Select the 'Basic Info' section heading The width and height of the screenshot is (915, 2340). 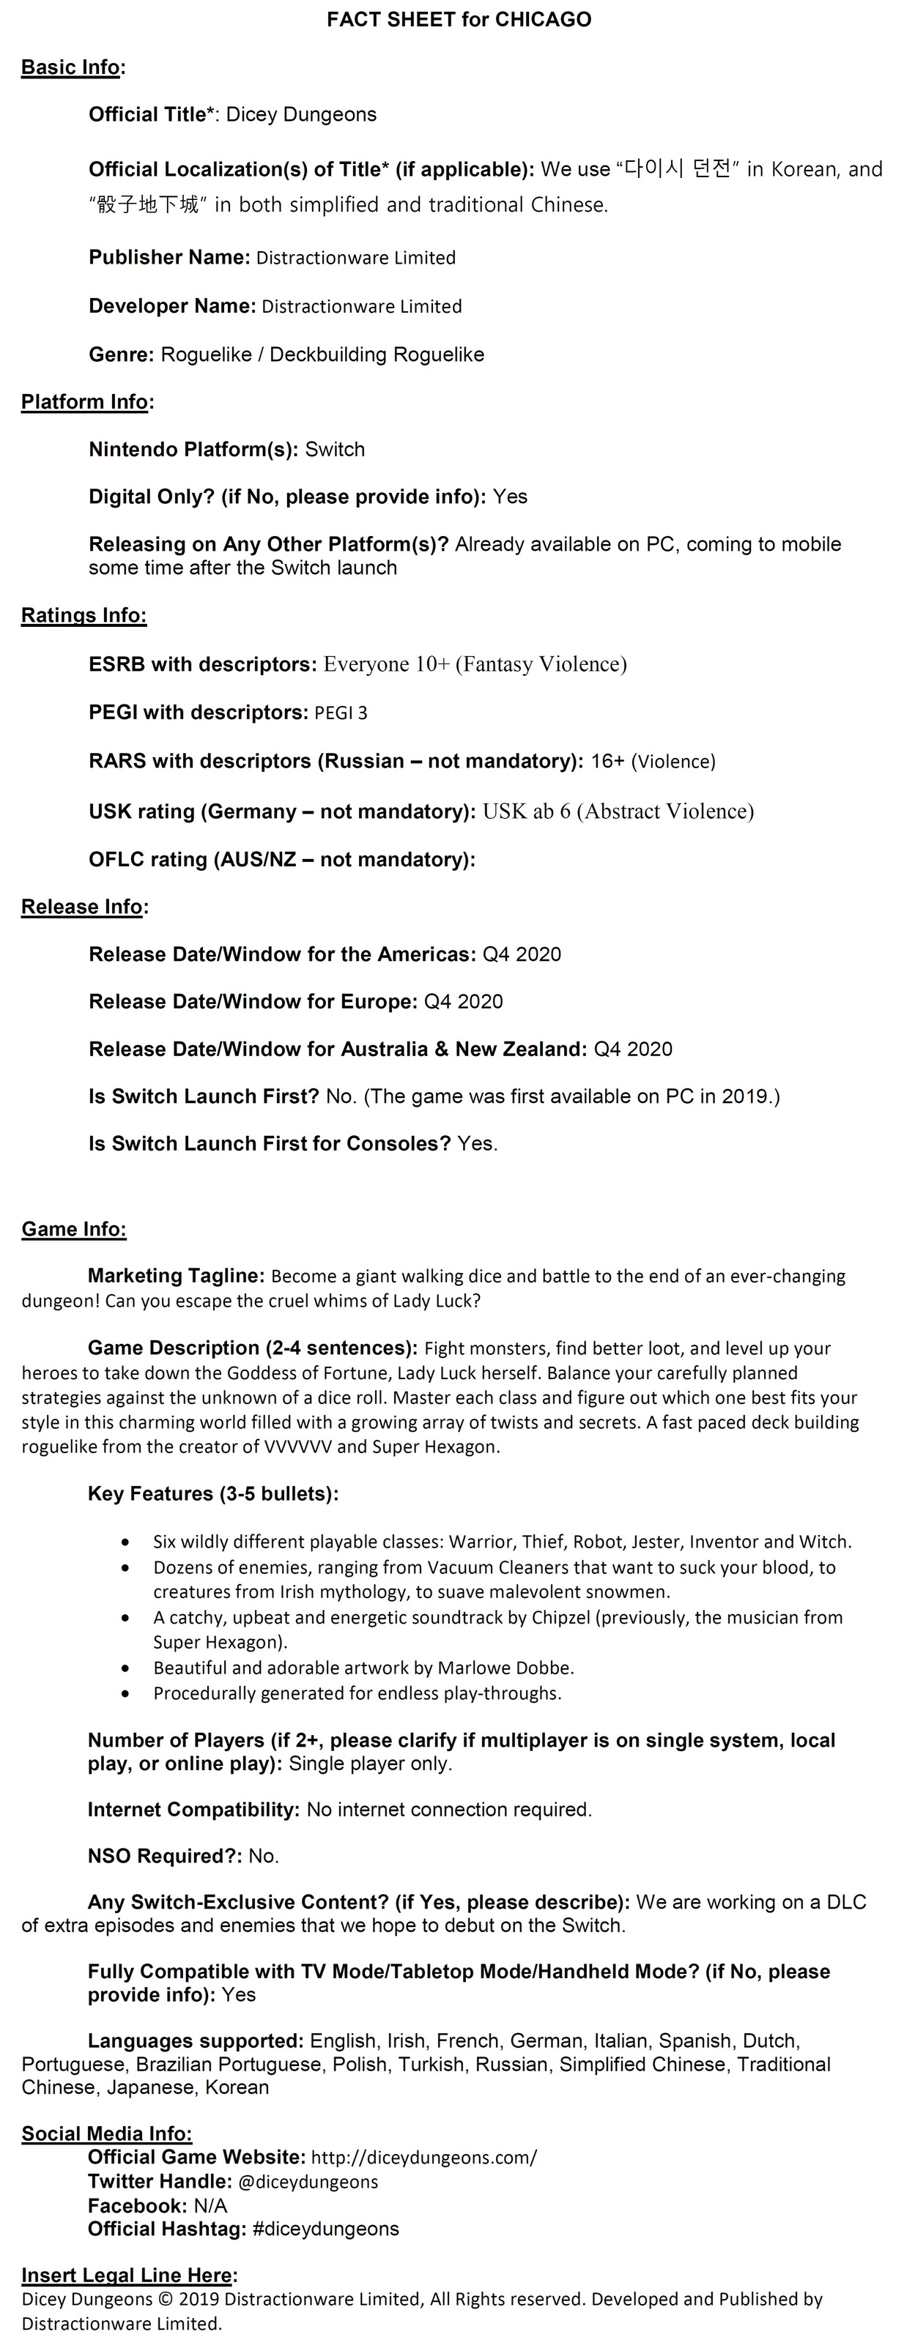click(x=71, y=67)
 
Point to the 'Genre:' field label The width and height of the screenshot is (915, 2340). click(x=122, y=354)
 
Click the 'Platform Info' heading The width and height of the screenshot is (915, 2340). click(x=84, y=401)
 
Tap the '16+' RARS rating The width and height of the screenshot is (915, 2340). click(x=608, y=761)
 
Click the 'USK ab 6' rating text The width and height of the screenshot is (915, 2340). click(x=526, y=811)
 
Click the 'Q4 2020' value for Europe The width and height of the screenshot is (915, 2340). click(x=464, y=1001)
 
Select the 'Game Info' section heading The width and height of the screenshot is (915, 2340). click(x=73, y=1229)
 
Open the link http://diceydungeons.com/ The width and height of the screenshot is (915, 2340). click(x=423, y=2158)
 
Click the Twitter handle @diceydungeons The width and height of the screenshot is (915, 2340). click(x=308, y=2181)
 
